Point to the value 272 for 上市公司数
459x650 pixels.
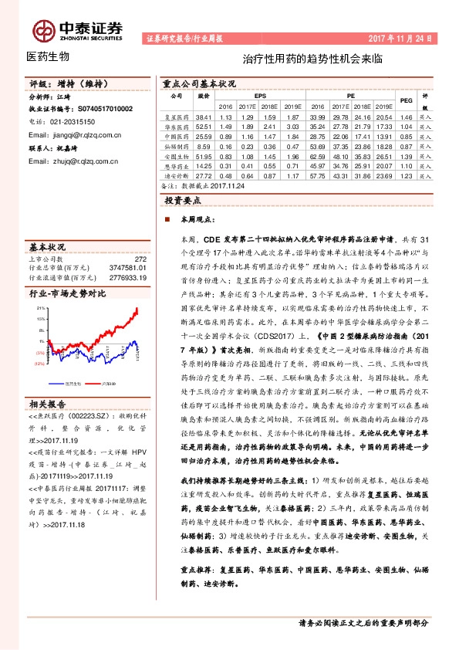tap(140, 259)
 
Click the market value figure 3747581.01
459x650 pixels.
tap(128, 268)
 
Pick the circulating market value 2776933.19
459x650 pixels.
tap(128, 276)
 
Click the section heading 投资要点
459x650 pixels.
tap(184, 199)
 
